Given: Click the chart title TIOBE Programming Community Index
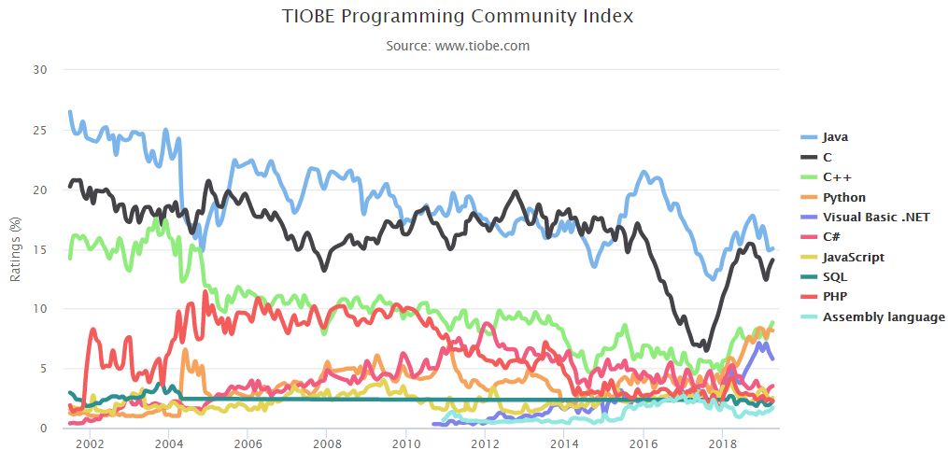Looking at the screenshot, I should coord(457,17).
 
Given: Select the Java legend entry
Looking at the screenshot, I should coord(835,137).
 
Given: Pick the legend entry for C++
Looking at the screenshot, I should coord(837,176).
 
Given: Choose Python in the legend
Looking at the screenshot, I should coord(843,197).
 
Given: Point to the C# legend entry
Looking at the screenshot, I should coord(834,237).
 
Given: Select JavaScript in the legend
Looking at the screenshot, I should coord(853,257).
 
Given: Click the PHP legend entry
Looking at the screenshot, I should coord(835,297).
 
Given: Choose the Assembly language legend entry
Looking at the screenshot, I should coord(884,316).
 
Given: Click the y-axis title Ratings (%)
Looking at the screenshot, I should coord(15,249).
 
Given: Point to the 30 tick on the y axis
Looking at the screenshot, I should coord(38,69).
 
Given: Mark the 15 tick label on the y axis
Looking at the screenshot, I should coord(38,249).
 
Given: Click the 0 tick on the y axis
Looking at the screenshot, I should coord(42,429).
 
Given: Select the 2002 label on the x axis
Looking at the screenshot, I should coord(89,442).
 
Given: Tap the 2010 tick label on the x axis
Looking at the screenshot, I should coord(405,442).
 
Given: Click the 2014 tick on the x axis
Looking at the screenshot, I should coord(563,442).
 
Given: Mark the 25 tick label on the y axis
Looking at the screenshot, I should coord(38,130).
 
